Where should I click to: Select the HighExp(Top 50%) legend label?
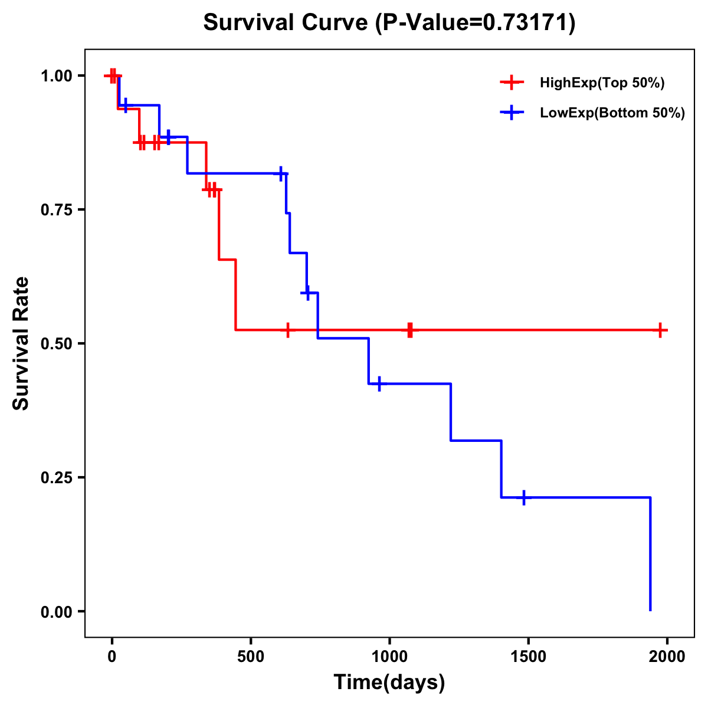click(602, 83)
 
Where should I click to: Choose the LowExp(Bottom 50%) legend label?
click(612, 113)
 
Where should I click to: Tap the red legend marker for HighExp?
click(512, 83)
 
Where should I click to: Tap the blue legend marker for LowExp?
click(512, 113)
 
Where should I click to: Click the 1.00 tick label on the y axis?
click(57, 76)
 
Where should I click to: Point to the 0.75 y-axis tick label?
click(57, 210)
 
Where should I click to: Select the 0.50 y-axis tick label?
click(57, 344)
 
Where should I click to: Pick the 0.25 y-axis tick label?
click(57, 478)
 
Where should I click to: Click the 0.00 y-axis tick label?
click(57, 612)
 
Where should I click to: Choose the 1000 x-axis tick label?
click(389, 657)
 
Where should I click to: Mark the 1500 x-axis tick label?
click(528, 657)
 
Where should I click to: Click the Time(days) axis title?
click(389, 683)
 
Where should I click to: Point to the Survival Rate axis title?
click(21, 343)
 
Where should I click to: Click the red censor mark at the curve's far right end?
click(661, 330)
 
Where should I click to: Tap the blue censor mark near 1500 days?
click(523, 497)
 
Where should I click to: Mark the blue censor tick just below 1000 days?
click(379, 383)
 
